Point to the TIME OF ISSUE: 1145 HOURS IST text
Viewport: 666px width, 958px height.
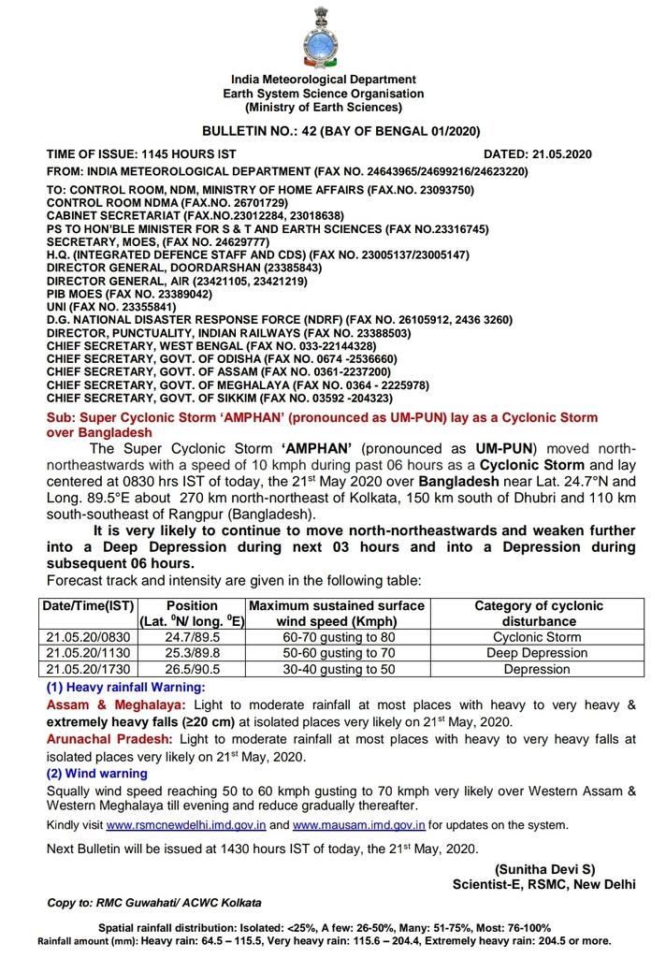tap(141, 153)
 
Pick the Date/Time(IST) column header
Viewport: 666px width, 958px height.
tap(90, 605)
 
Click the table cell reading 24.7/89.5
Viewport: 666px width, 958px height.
tap(191, 637)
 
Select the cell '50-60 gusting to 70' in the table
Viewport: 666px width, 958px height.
tap(336, 653)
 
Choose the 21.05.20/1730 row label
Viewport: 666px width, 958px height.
tap(90, 669)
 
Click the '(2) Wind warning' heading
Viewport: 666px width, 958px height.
tap(96, 774)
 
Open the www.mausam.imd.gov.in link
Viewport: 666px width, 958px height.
tap(359, 826)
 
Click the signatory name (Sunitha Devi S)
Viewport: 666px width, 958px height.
tap(545, 869)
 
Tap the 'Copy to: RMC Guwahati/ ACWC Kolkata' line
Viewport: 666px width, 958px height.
tap(154, 903)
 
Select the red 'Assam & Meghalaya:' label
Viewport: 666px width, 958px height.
tap(116, 704)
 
